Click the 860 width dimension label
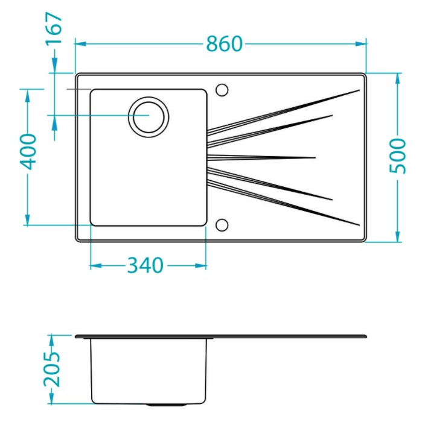[x=225, y=44]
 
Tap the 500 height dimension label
[x=398, y=156]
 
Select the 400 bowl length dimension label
[x=28, y=152]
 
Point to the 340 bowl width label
[x=145, y=265]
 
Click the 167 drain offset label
[x=54, y=28]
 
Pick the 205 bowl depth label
[x=51, y=369]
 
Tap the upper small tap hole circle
[x=222, y=90]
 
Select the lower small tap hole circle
[x=222, y=225]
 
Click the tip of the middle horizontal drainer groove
[x=315, y=157]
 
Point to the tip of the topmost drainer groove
[x=359, y=90]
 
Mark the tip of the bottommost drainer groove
[x=359, y=225]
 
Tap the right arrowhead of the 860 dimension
[x=361, y=44]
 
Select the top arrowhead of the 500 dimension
[x=398, y=79]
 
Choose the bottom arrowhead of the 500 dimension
[x=398, y=236]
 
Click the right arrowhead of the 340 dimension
[x=201, y=265]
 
